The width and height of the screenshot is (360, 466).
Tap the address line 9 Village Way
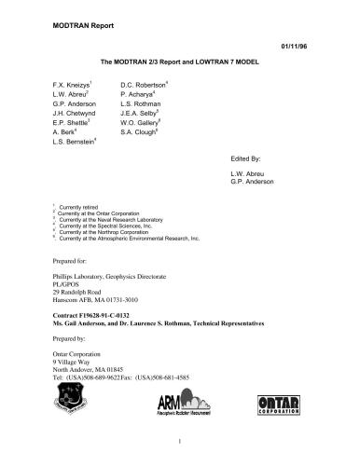67,354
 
